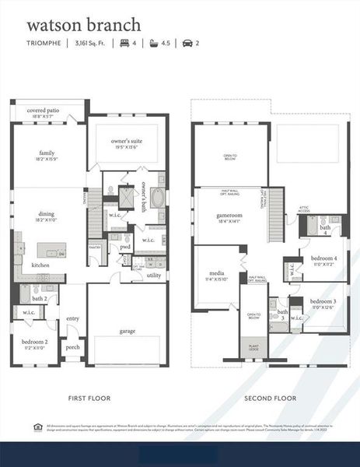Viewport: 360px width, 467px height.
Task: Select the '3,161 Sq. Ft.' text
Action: (93, 43)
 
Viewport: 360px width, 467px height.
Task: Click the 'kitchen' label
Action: (40, 265)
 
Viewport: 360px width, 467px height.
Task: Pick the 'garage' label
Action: (128, 331)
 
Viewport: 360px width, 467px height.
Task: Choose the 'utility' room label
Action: (154, 275)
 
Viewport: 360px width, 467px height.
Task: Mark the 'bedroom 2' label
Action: (36, 342)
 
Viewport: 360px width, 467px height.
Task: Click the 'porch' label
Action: (73, 347)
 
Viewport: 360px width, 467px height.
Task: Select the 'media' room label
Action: (217, 273)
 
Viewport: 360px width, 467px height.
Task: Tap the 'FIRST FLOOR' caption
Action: (89, 398)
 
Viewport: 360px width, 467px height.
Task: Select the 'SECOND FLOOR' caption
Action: (270, 398)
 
